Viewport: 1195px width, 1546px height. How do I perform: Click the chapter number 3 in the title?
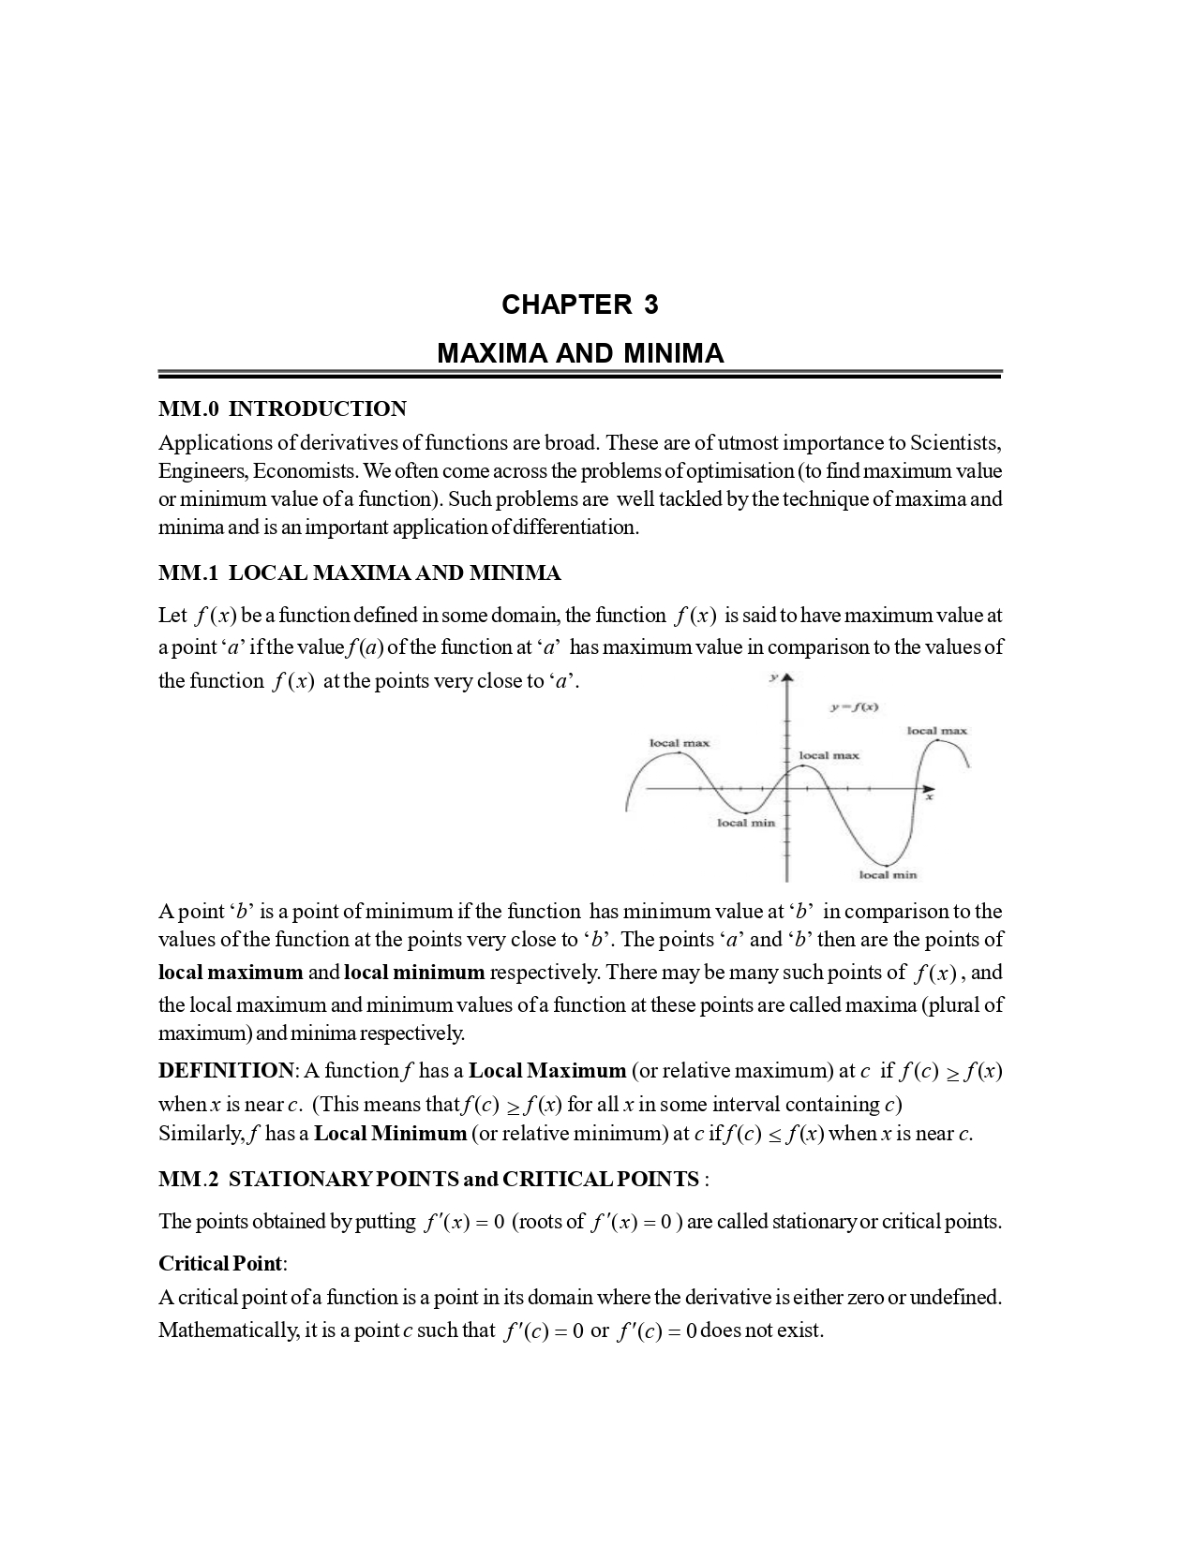pyautogui.click(x=650, y=305)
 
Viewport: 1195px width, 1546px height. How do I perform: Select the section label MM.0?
pyautogui.click(x=188, y=409)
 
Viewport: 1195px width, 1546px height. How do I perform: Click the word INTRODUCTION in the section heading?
pyautogui.click(x=318, y=409)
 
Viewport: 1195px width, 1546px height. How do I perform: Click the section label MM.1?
pyautogui.click(x=188, y=572)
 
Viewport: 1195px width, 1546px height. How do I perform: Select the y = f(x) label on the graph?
pyautogui.click(x=854, y=707)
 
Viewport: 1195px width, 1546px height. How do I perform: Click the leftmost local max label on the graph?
pyautogui.click(x=680, y=743)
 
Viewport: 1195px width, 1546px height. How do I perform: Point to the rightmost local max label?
pyautogui.click(x=936, y=730)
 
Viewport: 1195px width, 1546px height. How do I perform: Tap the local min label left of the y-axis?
pyautogui.click(x=746, y=823)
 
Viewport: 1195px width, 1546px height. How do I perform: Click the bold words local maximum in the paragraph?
pyautogui.click(x=231, y=972)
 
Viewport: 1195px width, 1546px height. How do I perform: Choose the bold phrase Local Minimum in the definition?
pyautogui.click(x=390, y=1133)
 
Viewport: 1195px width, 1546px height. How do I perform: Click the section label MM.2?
pyautogui.click(x=188, y=1179)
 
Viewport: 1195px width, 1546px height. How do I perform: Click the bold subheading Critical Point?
pyautogui.click(x=219, y=1263)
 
